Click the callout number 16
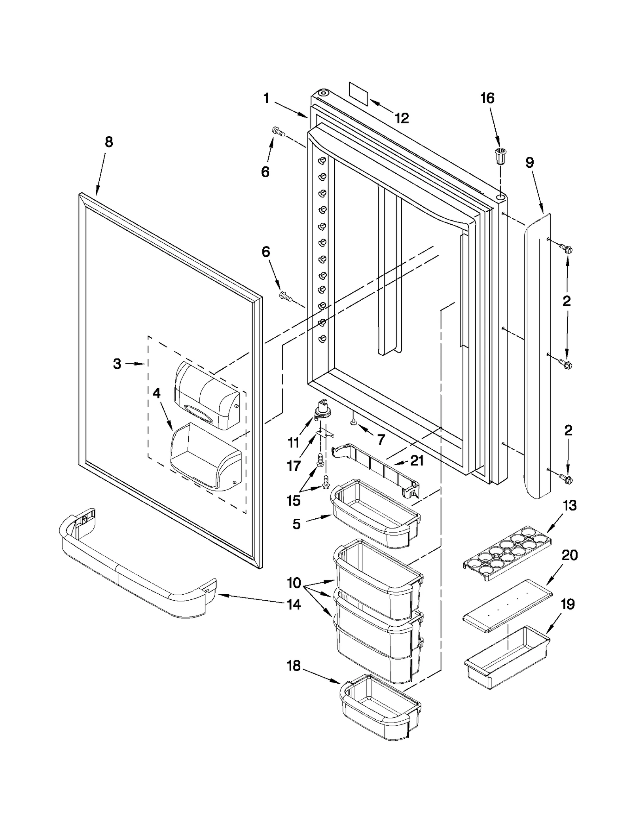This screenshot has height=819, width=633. (487, 98)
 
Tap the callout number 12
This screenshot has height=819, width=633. (402, 118)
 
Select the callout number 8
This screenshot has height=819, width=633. (109, 142)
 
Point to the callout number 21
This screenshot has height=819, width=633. (417, 460)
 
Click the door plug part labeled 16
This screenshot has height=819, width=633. (500, 155)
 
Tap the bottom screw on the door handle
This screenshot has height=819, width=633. (567, 480)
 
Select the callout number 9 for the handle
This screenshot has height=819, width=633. (530, 163)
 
